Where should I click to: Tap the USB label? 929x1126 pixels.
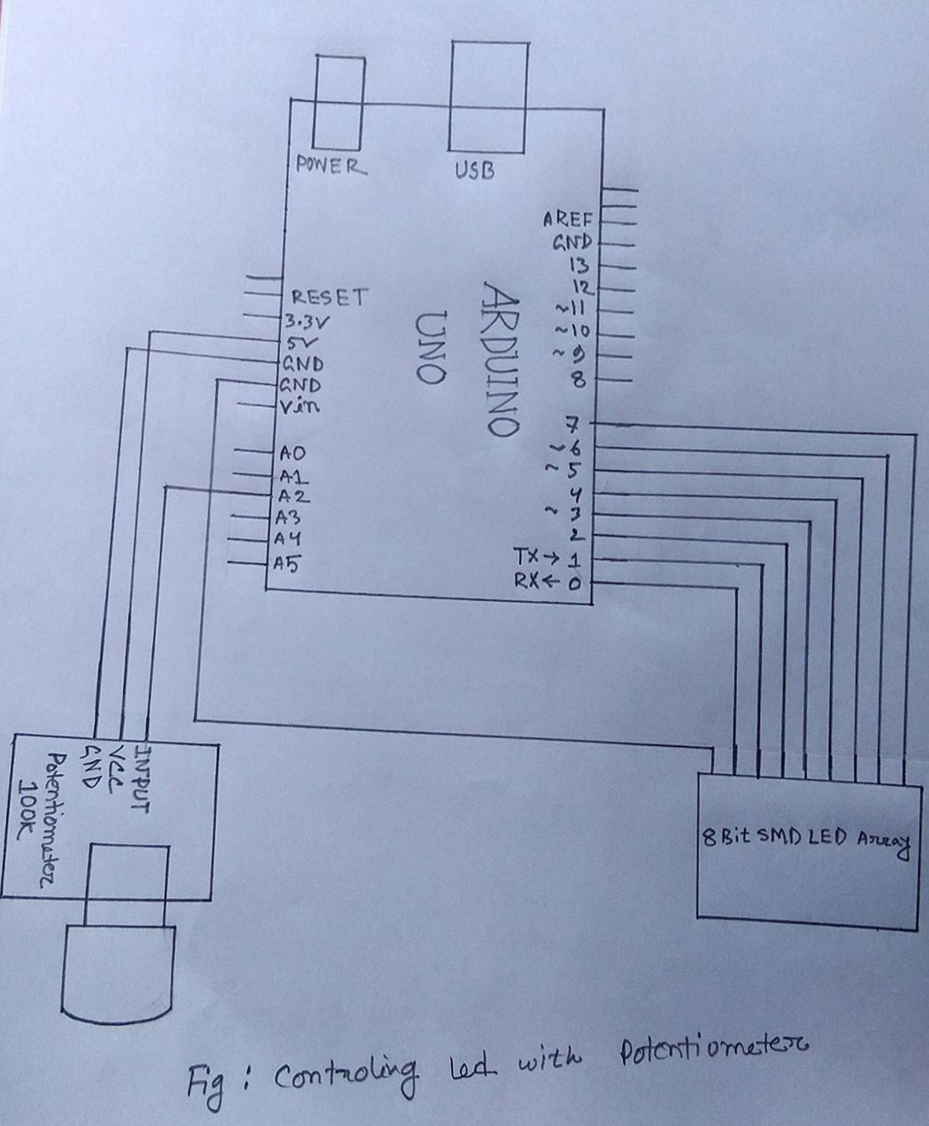[474, 170]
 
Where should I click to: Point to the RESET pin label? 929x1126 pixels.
[327, 297]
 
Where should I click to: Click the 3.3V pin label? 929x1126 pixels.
[306, 320]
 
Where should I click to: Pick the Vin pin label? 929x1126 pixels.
[299, 407]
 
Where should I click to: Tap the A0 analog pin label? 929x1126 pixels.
[292, 453]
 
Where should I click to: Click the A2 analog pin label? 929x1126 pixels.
[293, 496]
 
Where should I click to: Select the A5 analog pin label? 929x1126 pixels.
[287, 562]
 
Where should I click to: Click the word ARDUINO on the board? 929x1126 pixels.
[501, 359]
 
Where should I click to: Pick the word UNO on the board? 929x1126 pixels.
[430, 347]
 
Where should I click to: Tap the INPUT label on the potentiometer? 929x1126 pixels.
[141, 778]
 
